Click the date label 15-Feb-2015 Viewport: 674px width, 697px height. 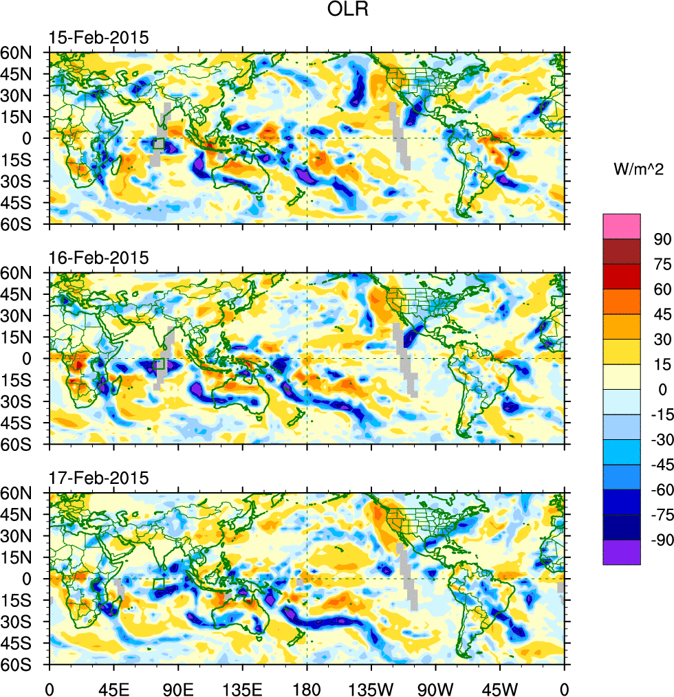[x=98, y=38]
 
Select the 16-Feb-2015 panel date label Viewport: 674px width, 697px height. [x=98, y=258]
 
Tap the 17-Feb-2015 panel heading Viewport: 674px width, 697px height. [x=98, y=478]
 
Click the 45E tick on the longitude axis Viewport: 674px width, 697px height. [x=113, y=687]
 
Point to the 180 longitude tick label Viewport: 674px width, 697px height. [x=307, y=687]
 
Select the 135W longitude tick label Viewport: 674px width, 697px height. [x=371, y=687]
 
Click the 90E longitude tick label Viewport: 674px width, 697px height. [x=178, y=687]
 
